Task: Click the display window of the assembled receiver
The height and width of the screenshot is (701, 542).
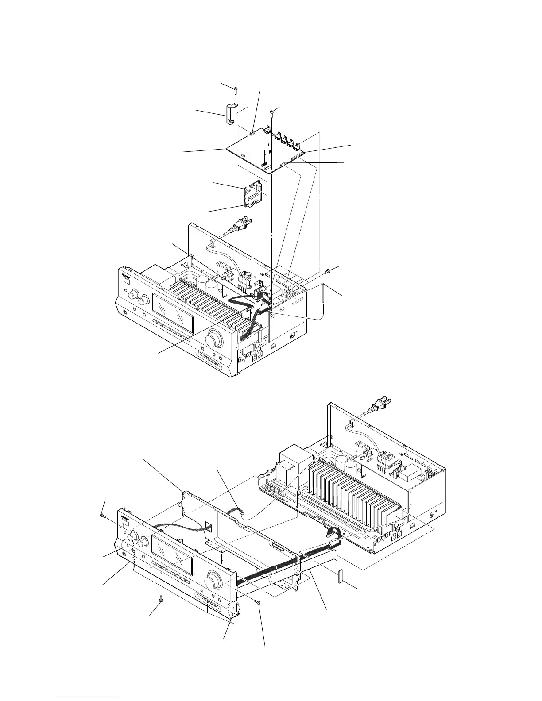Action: [x=173, y=314]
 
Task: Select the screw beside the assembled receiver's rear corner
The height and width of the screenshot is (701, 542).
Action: [x=329, y=270]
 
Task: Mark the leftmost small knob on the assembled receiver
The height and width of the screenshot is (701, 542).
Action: [x=132, y=295]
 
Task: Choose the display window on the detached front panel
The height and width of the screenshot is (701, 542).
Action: [x=172, y=552]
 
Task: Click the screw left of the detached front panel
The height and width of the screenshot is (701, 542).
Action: [x=103, y=516]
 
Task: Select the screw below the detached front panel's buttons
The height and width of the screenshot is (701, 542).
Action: [x=161, y=599]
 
